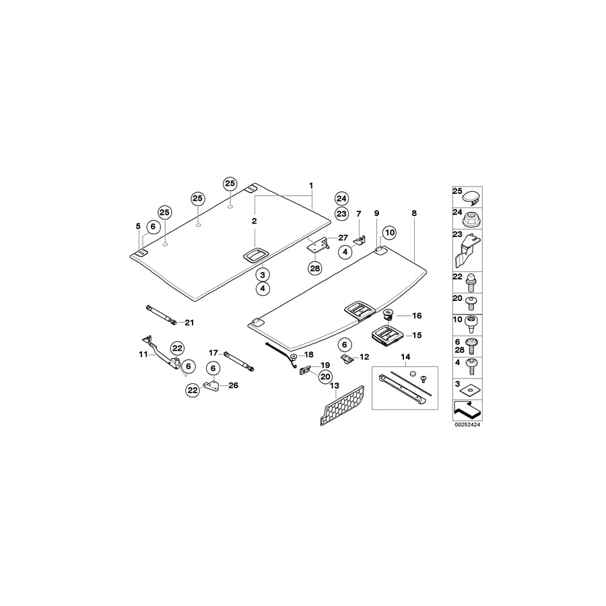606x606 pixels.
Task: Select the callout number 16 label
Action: [416, 315]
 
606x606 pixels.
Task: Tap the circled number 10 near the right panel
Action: [389, 233]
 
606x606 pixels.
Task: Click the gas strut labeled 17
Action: [239, 359]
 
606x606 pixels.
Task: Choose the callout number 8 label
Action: [413, 213]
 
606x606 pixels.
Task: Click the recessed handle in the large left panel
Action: [256, 255]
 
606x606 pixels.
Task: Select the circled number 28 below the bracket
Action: [315, 268]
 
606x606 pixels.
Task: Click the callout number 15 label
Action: [416, 335]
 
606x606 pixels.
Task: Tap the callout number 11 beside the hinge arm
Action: [143, 353]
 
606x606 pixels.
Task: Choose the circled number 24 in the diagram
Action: [341, 199]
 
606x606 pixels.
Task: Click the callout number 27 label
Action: [343, 237]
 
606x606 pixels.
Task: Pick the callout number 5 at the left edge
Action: [138, 225]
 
